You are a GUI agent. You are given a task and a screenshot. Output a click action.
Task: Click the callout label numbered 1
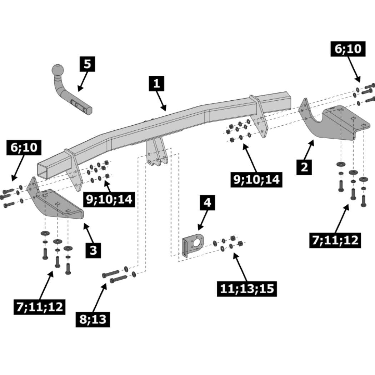[x=156, y=84]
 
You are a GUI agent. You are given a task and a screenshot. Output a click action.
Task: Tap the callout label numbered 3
[x=93, y=250]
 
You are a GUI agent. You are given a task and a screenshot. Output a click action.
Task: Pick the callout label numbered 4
[x=207, y=202]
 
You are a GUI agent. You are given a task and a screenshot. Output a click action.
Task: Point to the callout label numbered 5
[x=87, y=64]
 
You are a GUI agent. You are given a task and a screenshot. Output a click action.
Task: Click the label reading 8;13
[x=93, y=319]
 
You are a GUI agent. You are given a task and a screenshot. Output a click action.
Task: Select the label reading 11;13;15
[x=247, y=289]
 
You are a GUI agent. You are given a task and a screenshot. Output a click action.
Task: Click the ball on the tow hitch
[x=58, y=70]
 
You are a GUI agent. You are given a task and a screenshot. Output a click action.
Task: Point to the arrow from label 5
[x=83, y=81]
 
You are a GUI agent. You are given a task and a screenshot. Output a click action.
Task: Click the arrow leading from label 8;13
[x=99, y=297]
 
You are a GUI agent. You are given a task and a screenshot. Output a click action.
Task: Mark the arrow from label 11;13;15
[x=241, y=267]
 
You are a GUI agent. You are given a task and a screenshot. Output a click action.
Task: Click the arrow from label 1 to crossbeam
[x=161, y=101]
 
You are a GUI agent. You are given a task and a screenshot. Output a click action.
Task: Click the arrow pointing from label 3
[x=89, y=233]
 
